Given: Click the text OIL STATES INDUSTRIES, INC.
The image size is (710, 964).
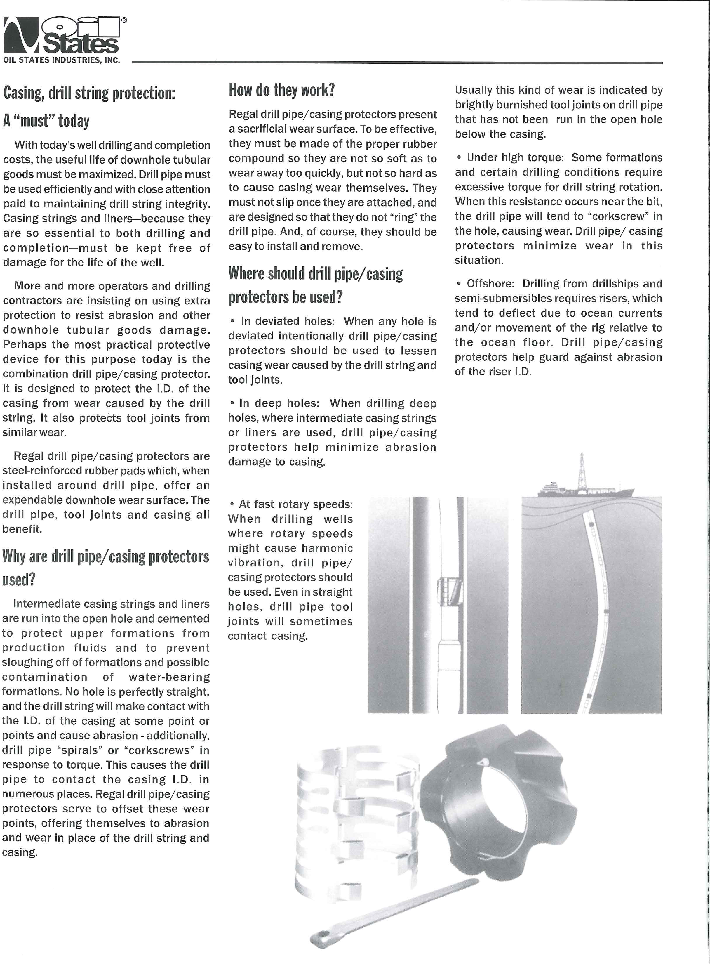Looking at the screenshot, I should [x=62, y=60].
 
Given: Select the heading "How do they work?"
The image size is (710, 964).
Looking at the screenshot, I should [x=281, y=90].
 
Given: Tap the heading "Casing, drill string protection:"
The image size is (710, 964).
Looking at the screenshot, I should [x=89, y=93].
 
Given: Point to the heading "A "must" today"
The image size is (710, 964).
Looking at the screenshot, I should [x=46, y=121].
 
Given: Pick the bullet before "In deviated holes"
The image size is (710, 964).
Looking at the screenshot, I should [x=232, y=321].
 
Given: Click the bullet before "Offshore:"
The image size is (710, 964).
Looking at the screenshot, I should [x=459, y=284].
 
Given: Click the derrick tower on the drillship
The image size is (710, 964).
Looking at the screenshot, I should [x=582, y=471].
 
